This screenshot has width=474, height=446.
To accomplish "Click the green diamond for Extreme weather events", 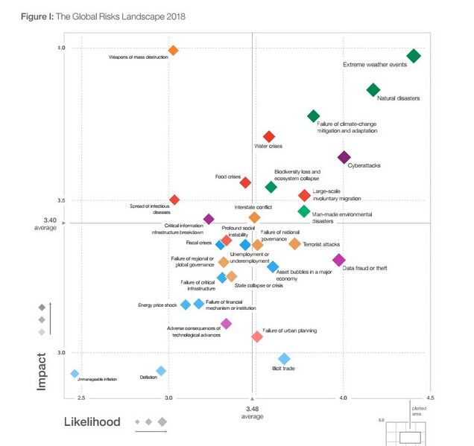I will (x=414, y=56).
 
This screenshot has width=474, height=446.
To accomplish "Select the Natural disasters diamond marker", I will (x=373, y=90).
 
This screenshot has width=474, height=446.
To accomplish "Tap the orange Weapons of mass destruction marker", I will (x=173, y=51).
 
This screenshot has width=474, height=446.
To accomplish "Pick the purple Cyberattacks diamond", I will (x=344, y=157).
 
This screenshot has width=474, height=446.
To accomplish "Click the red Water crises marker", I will (x=269, y=137).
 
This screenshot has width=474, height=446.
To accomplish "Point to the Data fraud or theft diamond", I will (x=338, y=260).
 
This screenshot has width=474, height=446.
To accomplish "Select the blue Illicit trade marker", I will (x=284, y=359).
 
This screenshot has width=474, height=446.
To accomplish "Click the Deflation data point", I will (x=160, y=371).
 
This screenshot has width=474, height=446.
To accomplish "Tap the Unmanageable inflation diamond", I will (x=75, y=373).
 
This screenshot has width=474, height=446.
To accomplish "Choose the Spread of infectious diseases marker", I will (x=174, y=200).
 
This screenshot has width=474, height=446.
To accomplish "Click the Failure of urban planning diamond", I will (x=257, y=337).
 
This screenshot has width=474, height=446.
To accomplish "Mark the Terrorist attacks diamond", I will (x=294, y=243).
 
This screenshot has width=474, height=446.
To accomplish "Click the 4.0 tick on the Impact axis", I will (x=61, y=48).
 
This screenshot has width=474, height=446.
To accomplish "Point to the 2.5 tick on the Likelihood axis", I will (x=81, y=398).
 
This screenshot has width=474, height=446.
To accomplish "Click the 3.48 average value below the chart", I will (x=253, y=409).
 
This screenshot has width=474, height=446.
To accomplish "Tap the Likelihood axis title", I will (x=91, y=422).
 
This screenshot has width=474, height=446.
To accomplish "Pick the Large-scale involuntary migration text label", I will (x=333, y=195).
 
